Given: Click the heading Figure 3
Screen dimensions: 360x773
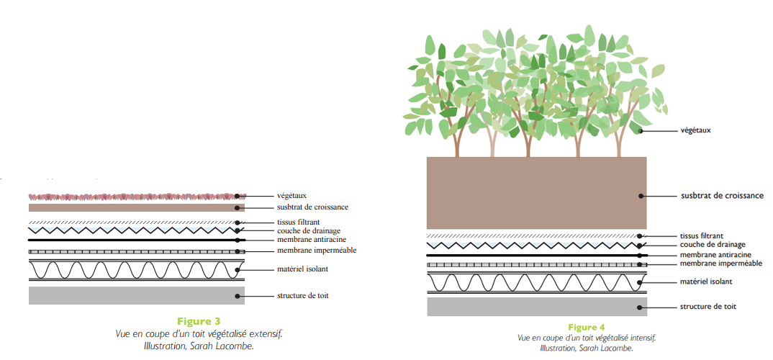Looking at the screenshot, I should [x=198, y=321].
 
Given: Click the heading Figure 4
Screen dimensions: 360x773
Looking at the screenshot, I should [x=586, y=328].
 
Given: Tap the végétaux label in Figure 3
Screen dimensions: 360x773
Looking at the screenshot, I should [x=292, y=195].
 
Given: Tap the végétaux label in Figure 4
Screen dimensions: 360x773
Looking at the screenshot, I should [x=695, y=130].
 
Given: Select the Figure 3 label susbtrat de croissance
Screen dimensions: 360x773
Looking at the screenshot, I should [x=312, y=207].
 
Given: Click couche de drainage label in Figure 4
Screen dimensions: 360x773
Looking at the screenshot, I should [x=712, y=245].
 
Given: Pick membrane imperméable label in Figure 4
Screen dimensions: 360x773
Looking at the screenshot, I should [x=720, y=264].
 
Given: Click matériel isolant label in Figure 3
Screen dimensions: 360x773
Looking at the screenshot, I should [x=302, y=269].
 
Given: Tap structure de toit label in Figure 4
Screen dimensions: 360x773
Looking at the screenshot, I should [x=708, y=307].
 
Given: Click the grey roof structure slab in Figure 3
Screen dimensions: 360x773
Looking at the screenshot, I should [x=137, y=295].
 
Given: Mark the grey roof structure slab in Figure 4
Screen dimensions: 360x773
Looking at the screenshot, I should [x=536, y=307].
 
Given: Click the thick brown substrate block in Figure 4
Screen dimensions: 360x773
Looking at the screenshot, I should [x=536, y=192].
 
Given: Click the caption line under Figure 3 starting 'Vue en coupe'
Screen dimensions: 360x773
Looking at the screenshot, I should [x=199, y=334].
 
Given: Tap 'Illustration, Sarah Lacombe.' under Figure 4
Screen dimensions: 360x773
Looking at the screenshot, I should [x=587, y=348].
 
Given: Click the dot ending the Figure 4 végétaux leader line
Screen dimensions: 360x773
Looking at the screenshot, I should [x=640, y=131].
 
